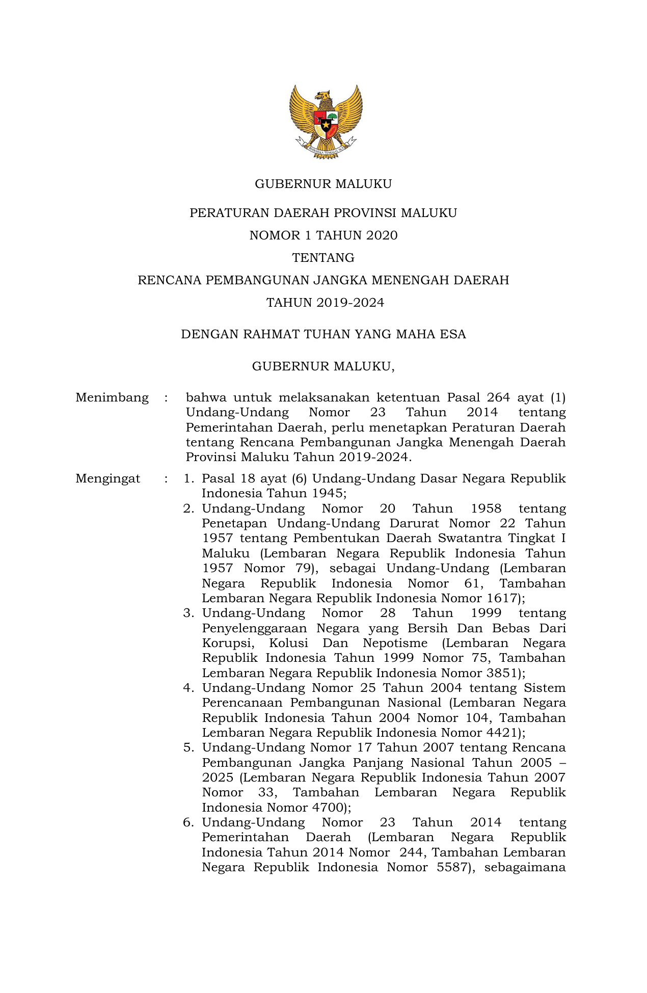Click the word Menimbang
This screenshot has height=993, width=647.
[x=112, y=397]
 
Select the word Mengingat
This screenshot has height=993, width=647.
[x=107, y=478]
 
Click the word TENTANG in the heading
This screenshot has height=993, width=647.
[x=323, y=258]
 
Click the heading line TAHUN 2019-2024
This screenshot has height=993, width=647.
[x=325, y=303]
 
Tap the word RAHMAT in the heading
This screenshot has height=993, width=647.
[x=271, y=334]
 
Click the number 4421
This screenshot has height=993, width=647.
[x=502, y=733]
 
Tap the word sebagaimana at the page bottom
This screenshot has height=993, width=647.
[x=525, y=867]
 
